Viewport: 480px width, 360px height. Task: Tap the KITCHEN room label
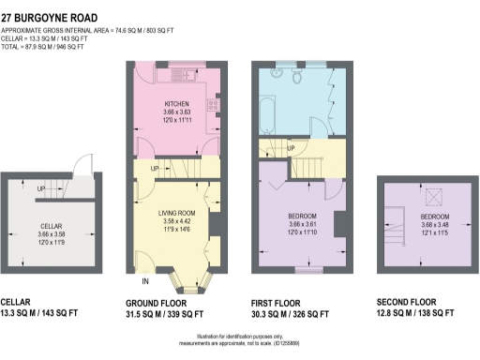(178, 104)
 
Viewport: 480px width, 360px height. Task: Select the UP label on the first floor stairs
(291, 149)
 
